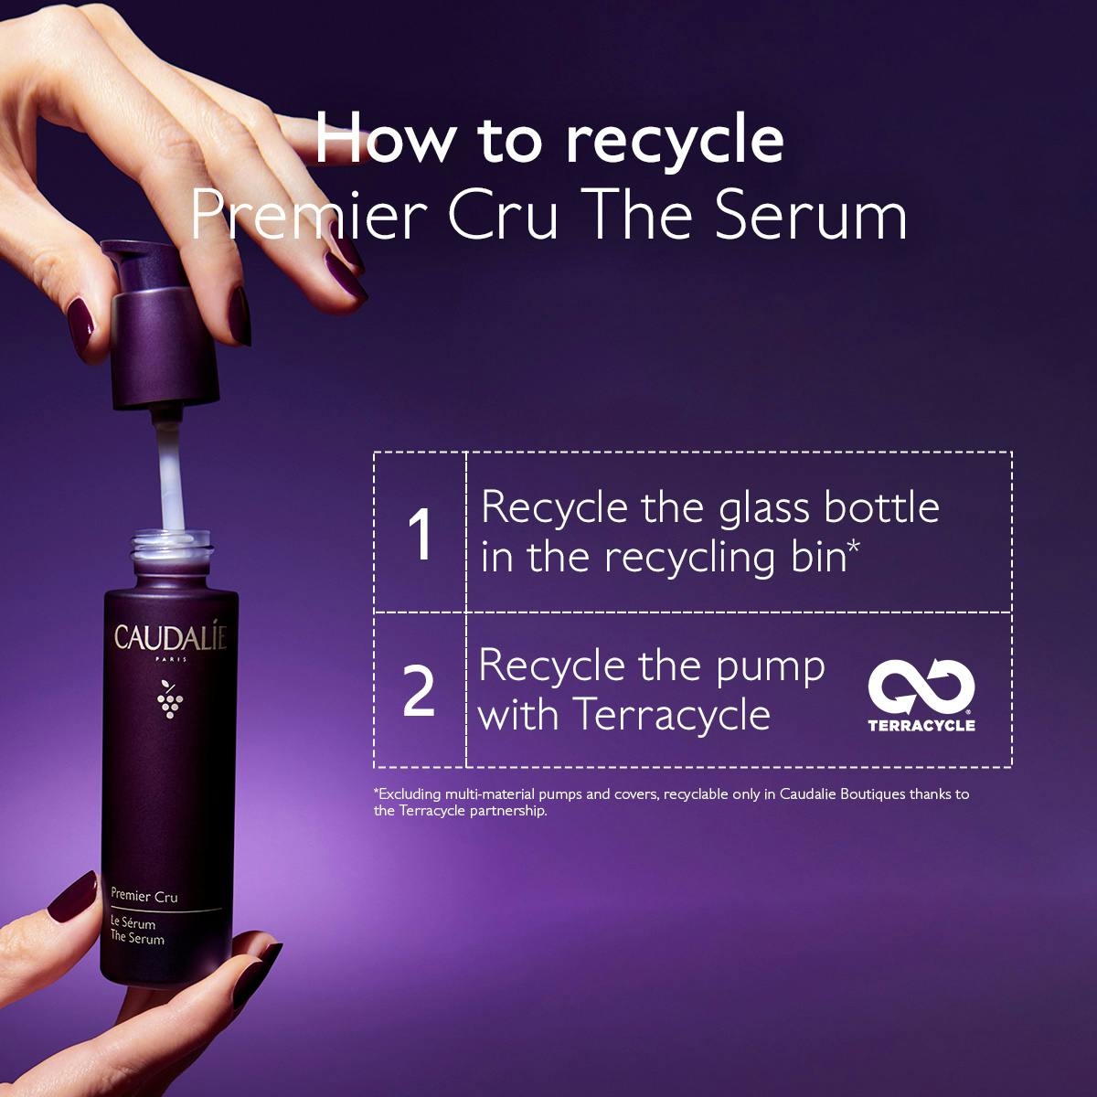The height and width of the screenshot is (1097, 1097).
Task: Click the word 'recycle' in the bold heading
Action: pyautogui.click(x=675, y=143)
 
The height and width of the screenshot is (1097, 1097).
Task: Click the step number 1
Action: pyautogui.click(x=421, y=533)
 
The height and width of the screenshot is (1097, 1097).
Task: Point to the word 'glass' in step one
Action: pyautogui.click(x=763, y=509)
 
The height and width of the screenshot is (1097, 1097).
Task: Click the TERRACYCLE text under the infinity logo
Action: pyautogui.click(x=921, y=725)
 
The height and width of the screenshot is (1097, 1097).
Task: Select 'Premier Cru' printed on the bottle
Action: pyautogui.click(x=144, y=896)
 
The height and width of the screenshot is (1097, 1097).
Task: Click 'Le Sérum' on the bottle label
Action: pyautogui.click(x=133, y=922)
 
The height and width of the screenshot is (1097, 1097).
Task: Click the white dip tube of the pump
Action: pyautogui.click(x=170, y=474)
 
